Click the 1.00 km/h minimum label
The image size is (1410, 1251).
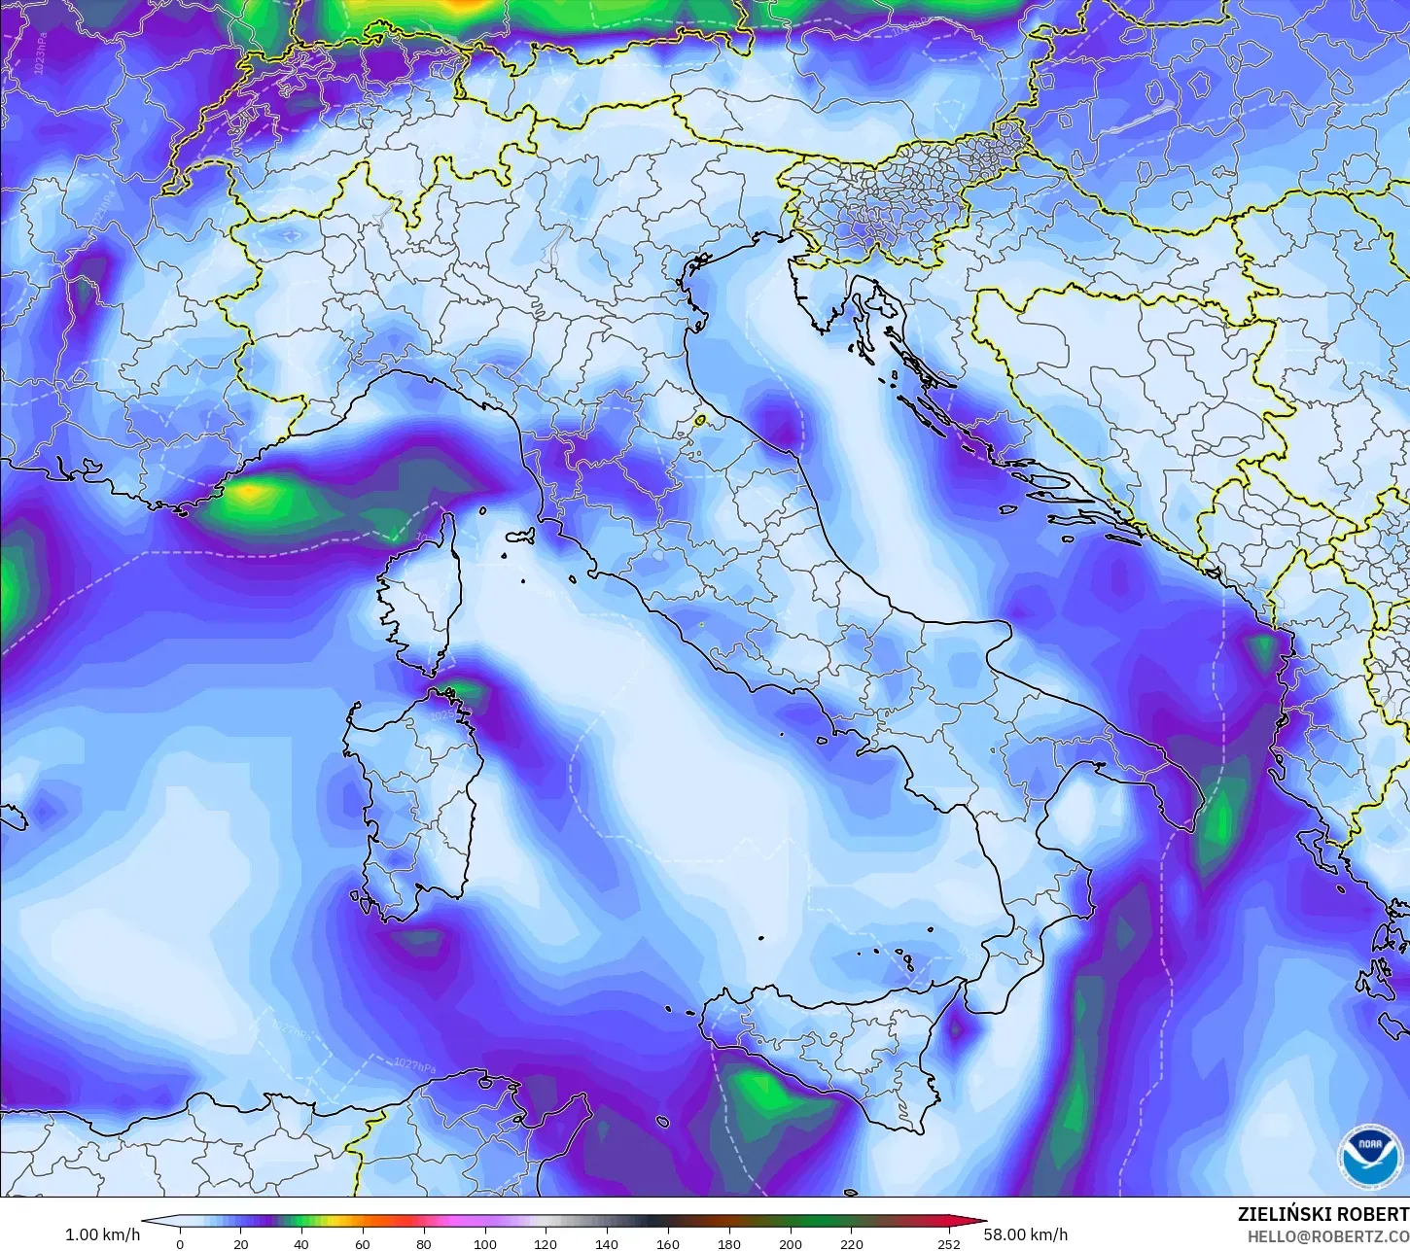pyautogui.click(x=102, y=1234)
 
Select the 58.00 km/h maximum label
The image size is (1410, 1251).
pyautogui.click(x=1025, y=1234)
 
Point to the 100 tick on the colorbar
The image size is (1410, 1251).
pyautogui.click(x=484, y=1243)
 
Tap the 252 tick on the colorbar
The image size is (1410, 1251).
pyautogui.click(x=949, y=1243)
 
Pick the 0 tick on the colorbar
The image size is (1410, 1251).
pyautogui.click(x=180, y=1243)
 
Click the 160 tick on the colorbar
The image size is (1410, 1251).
pyautogui.click(x=667, y=1243)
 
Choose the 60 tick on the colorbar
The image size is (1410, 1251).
pyautogui.click(x=363, y=1243)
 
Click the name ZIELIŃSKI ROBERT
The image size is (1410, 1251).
pyautogui.click(x=1322, y=1214)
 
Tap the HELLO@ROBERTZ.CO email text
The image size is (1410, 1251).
pyautogui.click(x=1328, y=1236)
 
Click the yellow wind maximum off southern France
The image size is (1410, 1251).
pyautogui.click(x=250, y=492)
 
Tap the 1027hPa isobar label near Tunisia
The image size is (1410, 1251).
pyautogui.click(x=415, y=1065)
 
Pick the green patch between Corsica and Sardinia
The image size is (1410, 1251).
pyautogui.click(x=469, y=690)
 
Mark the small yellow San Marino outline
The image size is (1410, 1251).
pyautogui.click(x=699, y=421)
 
